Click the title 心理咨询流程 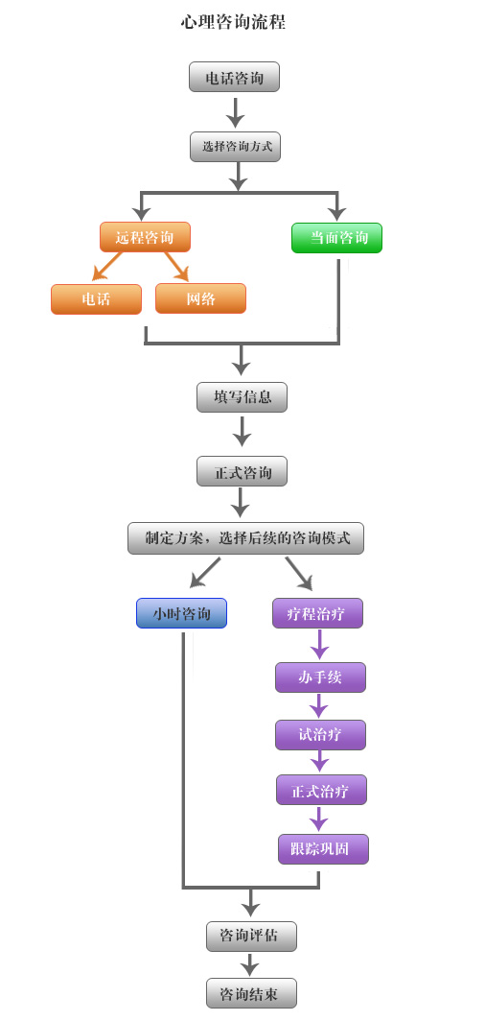pyautogui.click(x=234, y=23)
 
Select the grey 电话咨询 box pyautogui.click(x=234, y=77)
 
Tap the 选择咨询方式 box pyautogui.click(x=236, y=147)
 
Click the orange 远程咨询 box pyautogui.click(x=145, y=237)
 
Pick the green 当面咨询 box pyautogui.click(x=336, y=238)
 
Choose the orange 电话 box pyautogui.click(x=96, y=299)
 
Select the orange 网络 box pyautogui.click(x=201, y=298)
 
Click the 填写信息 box pyautogui.click(x=242, y=397)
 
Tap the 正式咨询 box pyautogui.click(x=242, y=471)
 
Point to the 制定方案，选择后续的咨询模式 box pyautogui.click(x=245, y=538)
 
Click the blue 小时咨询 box pyautogui.click(x=181, y=613)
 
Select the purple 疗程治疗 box pyautogui.click(x=317, y=613)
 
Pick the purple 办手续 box pyautogui.click(x=320, y=677)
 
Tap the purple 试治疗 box pyautogui.click(x=320, y=734)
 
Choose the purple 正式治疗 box pyautogui.click(x=321, y=790)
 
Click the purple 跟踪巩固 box pyautogui.click(x=323, y=849)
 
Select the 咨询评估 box pyautogui.click(x=251, y=937)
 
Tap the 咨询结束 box pyautogui.click(x=251, y=993)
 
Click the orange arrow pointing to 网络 pyautogui.click(x=176, y=267)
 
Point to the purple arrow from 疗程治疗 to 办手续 pyautogui.click(x=319, y=644)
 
